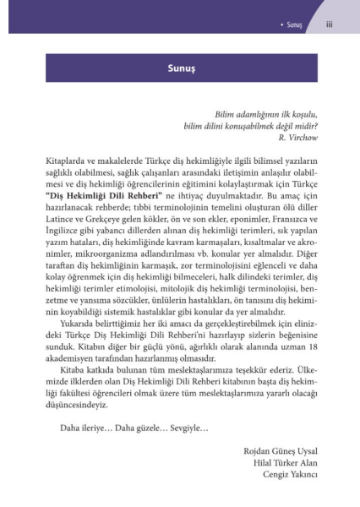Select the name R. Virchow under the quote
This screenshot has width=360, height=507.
pos(291,137)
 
